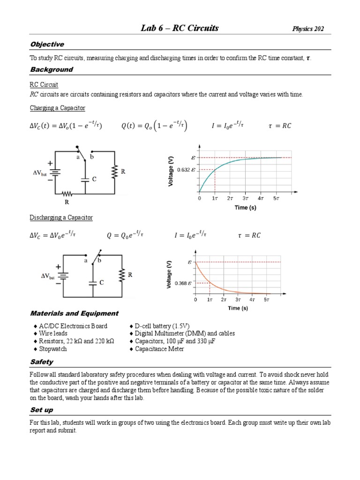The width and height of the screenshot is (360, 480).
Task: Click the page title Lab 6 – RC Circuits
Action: (180, 29)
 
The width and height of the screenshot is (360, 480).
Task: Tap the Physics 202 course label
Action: (308, 29)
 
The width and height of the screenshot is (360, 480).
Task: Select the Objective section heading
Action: (47, 45)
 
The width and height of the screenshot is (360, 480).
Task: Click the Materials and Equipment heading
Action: (74, 314)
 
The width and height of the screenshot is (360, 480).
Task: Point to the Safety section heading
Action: (41, 362)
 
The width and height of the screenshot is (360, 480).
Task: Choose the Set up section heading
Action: (42, 410)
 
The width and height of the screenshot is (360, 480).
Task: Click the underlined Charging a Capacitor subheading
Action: (58, 108)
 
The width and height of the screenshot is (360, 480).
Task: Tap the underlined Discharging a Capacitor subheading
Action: (61, 218)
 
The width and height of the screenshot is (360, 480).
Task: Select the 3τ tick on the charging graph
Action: (245, 199)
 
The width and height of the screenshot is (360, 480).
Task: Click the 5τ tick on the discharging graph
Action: (266, 299)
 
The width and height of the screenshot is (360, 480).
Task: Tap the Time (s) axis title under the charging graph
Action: (245, 208)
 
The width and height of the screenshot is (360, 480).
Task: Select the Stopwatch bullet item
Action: (53, 349)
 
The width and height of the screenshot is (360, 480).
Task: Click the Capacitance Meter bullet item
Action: (159, 349)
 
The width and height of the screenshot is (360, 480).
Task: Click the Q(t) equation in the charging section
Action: (151, 126)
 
